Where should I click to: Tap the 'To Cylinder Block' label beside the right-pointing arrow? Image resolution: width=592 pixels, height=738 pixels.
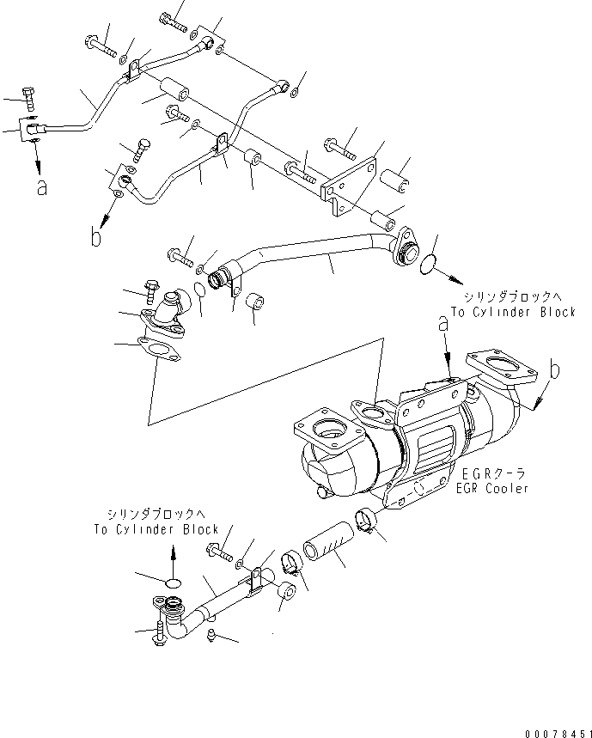pyautogui.click(x=513, y=313)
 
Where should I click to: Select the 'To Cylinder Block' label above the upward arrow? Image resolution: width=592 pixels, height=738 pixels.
pyautogui.click(x=156, y=529)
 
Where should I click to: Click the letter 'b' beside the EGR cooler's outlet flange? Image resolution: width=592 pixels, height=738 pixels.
pyautogui.click(x=554, y=370)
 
